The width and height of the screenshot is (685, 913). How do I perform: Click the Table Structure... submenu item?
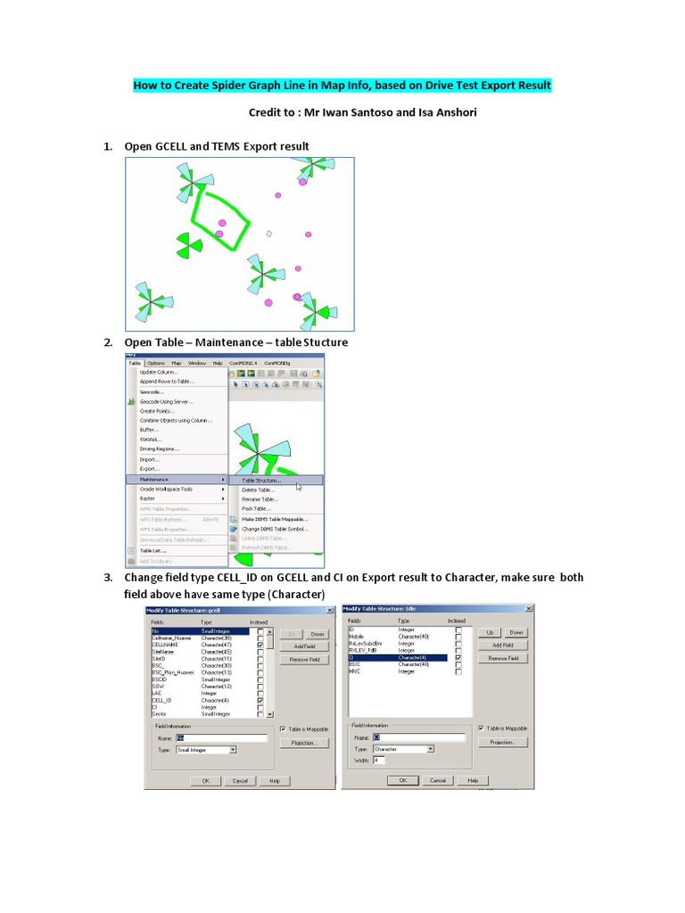click(x=261, y=480)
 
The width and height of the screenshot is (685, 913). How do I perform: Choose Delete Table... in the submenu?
click(x=259, y=489)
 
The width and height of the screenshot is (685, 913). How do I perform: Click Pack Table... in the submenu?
click(x=257, y=508)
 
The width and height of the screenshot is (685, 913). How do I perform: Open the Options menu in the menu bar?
click(x=156, y=363)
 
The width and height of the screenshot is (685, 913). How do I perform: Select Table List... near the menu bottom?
click(x=153, y=551)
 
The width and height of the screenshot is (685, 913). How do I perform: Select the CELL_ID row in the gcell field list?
click(x=162, y=701)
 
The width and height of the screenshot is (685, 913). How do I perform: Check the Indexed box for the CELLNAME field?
click(x=260, y=644)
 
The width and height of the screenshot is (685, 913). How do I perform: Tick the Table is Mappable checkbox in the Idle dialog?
click(x=482, y=728)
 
